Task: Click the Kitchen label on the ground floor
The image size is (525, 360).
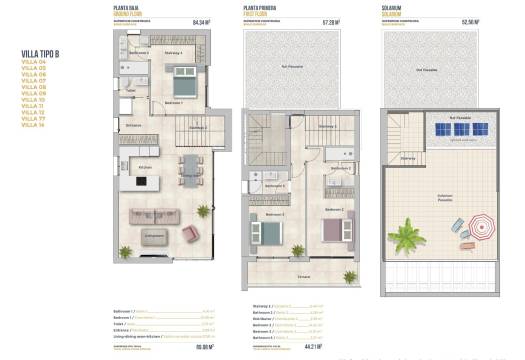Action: [145, 167]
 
